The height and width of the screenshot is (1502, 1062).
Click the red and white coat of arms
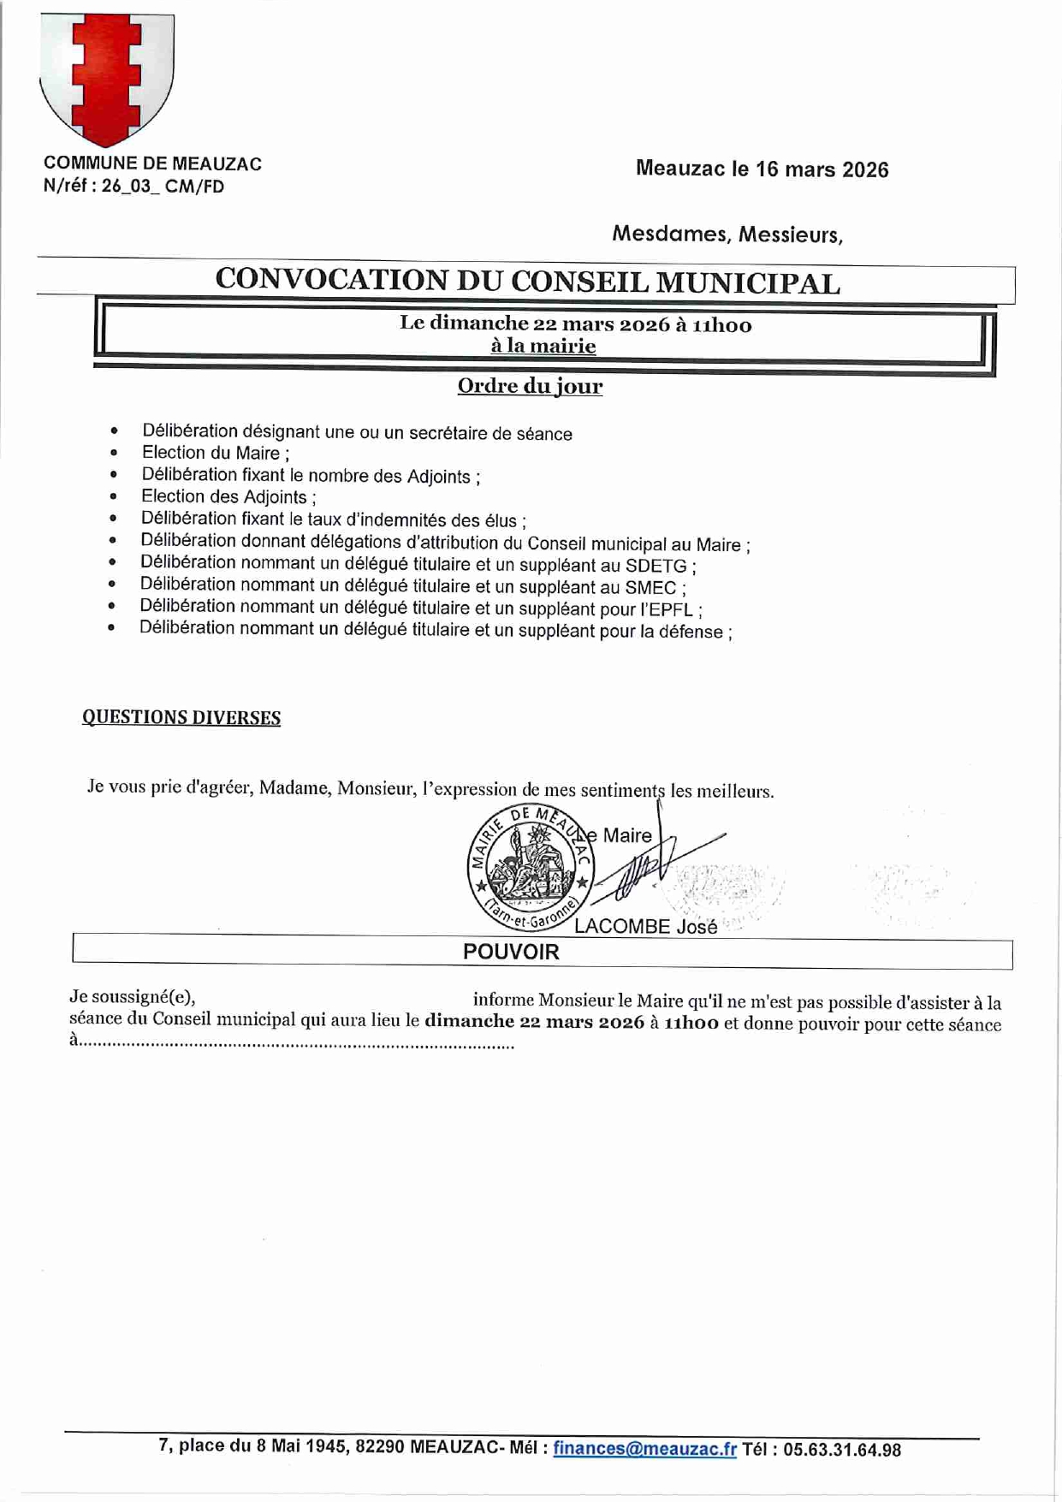click(107, 79)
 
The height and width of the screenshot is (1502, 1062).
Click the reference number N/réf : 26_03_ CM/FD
click(133, 187)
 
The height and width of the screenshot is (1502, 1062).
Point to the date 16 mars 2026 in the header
click(822, 169)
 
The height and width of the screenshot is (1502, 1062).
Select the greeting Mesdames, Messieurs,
click(727, 234)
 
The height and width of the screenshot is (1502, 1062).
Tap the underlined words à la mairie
click(543, 346)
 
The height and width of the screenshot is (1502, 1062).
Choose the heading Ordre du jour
click(530, 386)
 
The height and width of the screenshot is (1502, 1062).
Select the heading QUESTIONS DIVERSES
click(181, 717)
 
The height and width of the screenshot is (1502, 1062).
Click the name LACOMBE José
click(646, 927)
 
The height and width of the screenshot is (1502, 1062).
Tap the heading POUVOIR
click(511, 952)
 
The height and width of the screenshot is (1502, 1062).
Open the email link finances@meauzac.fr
click(644, 1449)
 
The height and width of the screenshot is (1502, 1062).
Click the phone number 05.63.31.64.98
click(841, 1450)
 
